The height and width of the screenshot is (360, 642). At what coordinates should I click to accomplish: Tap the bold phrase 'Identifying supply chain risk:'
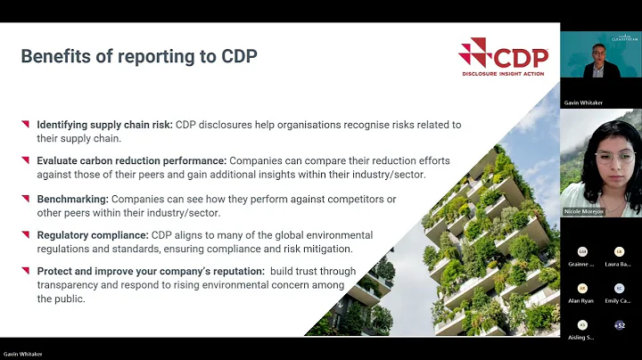pyautogui.click(x=104, y=125)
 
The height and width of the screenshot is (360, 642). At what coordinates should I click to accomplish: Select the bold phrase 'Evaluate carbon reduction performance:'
pyautogui.click(x=132, y=160)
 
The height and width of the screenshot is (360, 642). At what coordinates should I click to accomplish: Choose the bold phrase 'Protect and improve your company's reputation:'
pyautogui.click(x=149, y=271)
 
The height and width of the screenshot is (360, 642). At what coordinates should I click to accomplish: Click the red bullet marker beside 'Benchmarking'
pyautogui.click(x=25, y=198)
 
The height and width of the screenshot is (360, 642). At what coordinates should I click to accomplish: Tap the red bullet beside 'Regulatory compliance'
pyautogui.click(x=25, y=234)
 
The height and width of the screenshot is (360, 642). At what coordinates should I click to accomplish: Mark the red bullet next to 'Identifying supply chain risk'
pyautogui.click(x=25, y=124)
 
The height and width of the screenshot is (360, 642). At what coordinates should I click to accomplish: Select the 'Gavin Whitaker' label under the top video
pyautogui.click(x=583, y=103)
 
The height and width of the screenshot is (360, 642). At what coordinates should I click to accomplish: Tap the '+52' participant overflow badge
pyautogui.click(x=619, y=326)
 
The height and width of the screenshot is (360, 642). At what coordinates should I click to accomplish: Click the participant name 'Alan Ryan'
pyautogui.click(x=582, y=301)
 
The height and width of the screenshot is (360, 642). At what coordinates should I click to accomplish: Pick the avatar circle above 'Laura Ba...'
pyautogui.click(x=619, y=252)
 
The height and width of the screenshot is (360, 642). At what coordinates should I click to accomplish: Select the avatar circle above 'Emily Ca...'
pyautogui.click(x=619, y=289)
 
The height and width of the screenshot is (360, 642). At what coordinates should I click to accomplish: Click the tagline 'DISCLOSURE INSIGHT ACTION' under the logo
pyautogui.click(x=504, y=75)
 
